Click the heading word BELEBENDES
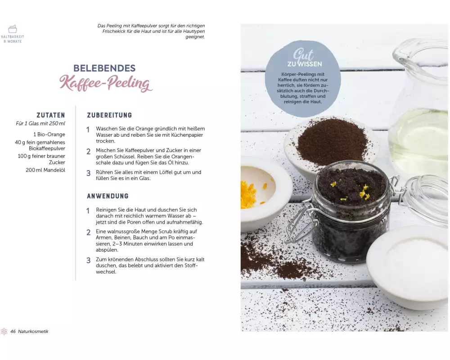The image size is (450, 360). point(104,68)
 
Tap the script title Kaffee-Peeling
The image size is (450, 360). point(106,84)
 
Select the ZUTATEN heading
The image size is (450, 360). point(51,115)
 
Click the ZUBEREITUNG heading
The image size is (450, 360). point(109,115)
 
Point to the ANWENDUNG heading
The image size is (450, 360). point(108,196)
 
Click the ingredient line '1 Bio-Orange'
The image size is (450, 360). point(49,135)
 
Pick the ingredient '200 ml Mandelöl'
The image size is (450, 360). point(45,170)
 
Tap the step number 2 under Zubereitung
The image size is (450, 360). point(88,151)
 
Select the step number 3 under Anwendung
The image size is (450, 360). point(88,261)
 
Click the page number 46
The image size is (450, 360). point(13,331)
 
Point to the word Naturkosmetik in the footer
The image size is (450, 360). point(33,331)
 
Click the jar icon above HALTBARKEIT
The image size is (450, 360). point(12,29)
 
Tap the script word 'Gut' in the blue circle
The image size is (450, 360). point(303,54)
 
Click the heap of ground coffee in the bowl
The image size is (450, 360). point(333,144)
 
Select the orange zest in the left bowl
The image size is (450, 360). point(248,194)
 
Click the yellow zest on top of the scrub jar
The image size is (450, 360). point(363,192)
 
